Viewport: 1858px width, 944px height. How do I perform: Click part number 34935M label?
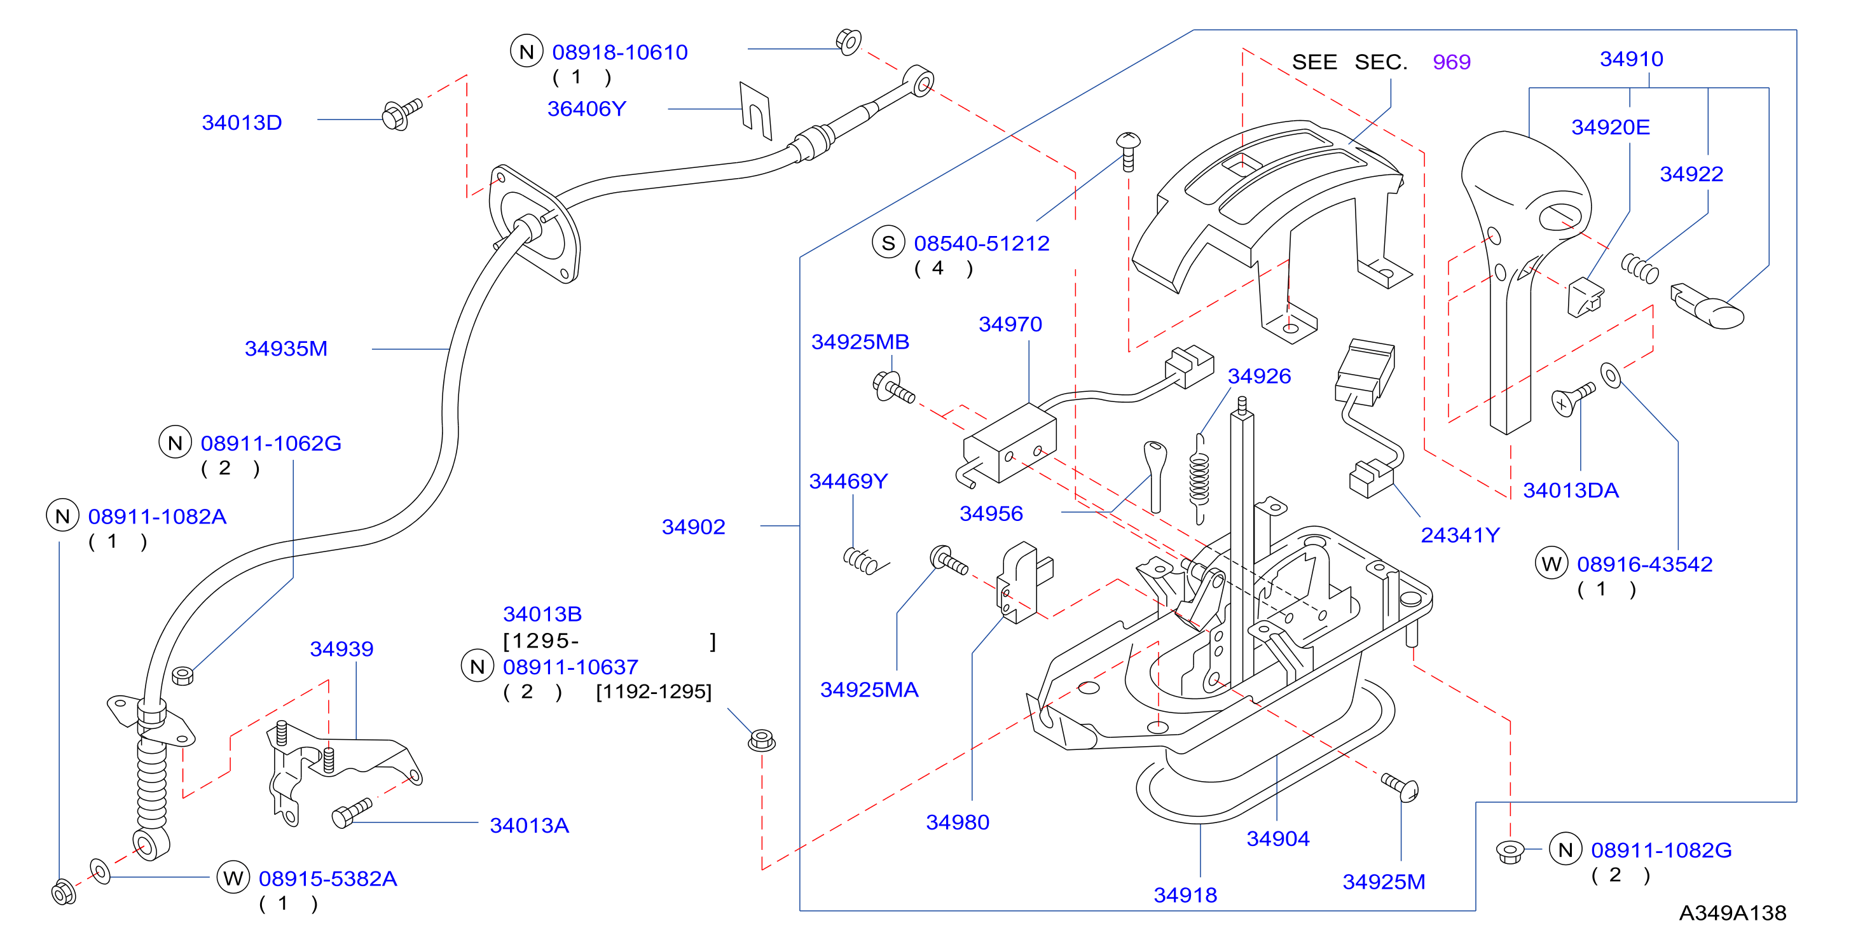[286, 349]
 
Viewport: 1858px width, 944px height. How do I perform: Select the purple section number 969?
[1451, 62]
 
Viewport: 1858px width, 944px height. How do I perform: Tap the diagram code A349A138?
[1733, 913]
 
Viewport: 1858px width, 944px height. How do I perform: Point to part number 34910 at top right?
[1632, 59]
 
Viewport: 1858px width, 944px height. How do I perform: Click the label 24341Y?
[1460, 535]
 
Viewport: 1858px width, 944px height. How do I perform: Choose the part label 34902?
[693, 527]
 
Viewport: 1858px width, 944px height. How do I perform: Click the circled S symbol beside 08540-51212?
[888, 243]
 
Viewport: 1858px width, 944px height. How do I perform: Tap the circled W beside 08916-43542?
[1552, 564]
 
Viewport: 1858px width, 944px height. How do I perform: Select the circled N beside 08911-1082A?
[63, 516]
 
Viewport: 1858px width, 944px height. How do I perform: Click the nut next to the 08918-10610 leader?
[849, 41]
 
